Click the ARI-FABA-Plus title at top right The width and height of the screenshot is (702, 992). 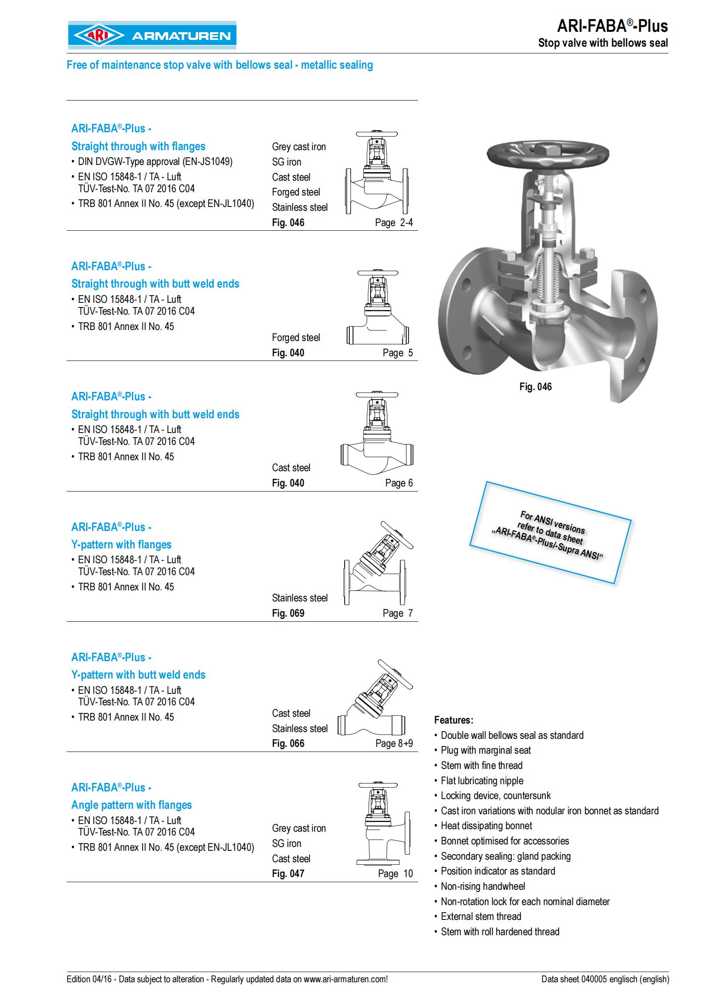(x=612, y=26)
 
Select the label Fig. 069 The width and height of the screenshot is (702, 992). (x=288, y=613)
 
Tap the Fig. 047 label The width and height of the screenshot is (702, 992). (x=288, y=874)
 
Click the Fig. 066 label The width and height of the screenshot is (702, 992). (x=288, y=743)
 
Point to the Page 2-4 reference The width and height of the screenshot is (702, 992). (x=394, y=223)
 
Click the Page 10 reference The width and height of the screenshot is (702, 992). (x=395, y=874)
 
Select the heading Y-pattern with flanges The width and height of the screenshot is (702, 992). (x=121, y=545)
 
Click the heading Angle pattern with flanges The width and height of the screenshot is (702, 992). (x=132, y=805)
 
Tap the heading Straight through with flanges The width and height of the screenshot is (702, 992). (x=138, y=146)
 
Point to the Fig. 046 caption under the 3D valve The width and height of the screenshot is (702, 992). (x=536, y=387)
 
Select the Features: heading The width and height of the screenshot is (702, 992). (x=453, y=720)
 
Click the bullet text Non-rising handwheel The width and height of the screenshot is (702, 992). (x=483, y=886)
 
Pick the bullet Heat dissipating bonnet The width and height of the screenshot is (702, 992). (x=486, y=826)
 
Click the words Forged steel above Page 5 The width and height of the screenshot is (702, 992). (x=296, y=338)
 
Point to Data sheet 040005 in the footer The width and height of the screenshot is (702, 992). (x=605, y=979)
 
